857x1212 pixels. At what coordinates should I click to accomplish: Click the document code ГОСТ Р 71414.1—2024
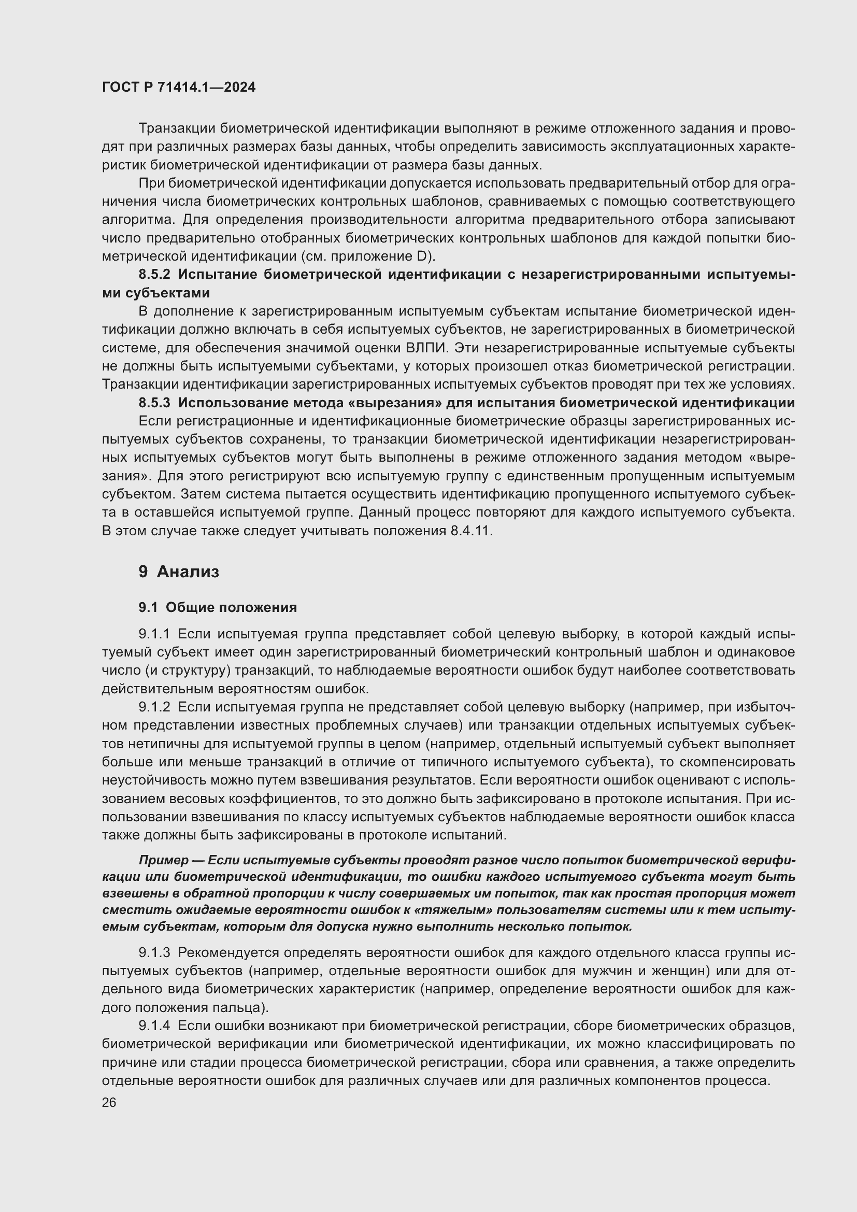(x=179, y=88)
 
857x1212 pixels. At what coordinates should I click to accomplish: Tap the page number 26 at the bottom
(x=109, y=1103)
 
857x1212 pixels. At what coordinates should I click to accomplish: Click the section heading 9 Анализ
(x=179, y=572)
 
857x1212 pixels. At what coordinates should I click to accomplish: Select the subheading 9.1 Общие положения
(x=218, y=608)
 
